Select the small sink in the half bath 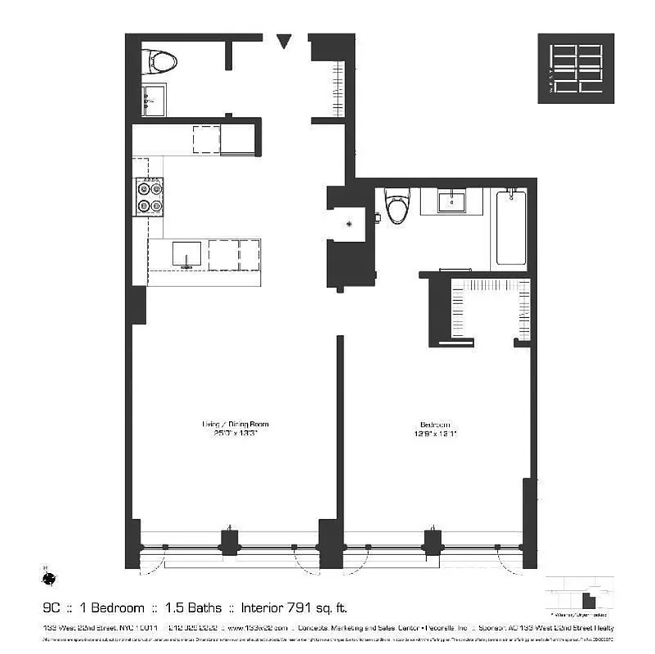(153, 100)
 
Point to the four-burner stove (148, 196)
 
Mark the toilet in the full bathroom (397, 207)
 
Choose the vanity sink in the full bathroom (451, 200)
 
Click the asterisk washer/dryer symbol (350, 223)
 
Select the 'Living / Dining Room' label (235, 424)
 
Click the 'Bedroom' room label (434, 425)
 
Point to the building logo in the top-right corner (576, 69)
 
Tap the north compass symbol (50, 578)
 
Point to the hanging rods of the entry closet (337, 88)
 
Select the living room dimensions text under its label (235, 434)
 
